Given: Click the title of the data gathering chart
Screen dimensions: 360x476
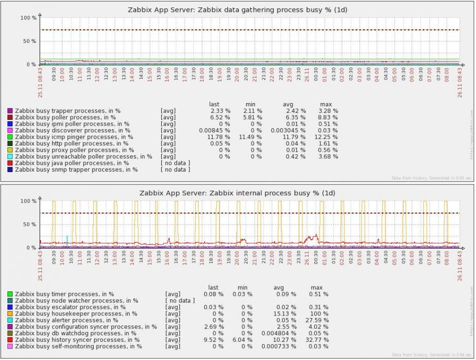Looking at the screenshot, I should [238, 9].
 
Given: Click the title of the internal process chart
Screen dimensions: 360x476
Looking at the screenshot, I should [237, 193].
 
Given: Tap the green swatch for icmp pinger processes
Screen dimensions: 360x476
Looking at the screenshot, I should [10, 137].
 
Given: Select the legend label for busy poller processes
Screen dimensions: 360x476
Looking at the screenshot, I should [65, 117].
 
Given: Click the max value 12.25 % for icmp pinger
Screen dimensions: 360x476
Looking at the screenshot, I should [329, 137].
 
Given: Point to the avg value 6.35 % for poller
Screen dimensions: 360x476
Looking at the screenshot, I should [295, 117].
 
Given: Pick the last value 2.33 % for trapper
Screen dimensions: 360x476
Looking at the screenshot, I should [220, 111].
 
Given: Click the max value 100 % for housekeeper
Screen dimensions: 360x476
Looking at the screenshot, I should [321, 314].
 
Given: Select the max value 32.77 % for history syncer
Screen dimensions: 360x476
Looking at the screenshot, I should [319, 340].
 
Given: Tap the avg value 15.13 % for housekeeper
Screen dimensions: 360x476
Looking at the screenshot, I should [286, 314].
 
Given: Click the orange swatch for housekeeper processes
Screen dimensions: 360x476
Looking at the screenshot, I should [10, 314].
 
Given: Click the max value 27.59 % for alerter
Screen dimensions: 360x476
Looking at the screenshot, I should [319, 320].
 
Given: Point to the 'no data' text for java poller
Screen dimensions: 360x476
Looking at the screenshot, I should [175, 163].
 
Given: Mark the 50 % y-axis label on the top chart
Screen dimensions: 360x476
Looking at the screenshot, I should [29, 41].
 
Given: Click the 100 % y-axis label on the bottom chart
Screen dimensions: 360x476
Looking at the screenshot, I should [28, 201].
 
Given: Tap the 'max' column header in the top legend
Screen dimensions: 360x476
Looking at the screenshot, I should [326, 105].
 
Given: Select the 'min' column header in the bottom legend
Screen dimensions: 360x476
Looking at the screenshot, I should [242, 288].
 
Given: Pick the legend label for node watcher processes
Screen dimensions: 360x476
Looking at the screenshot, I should [76, 300].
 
